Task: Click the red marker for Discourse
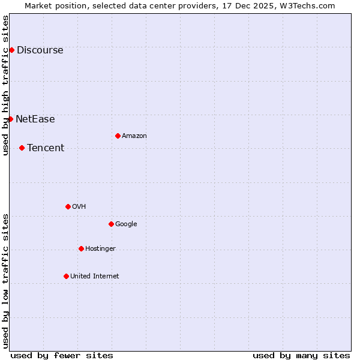click(11, 50)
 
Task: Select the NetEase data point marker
click(10, 119)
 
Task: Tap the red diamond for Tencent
click(22, 148)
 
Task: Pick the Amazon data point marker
click(118, 136)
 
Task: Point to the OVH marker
click(68, 206)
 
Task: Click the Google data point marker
click(111, 224)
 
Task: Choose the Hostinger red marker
click(81, 248)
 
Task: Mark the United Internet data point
click(66, 276)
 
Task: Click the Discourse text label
click(40, 50)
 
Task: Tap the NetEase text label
click(35, 119)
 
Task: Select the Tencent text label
click(46, 148)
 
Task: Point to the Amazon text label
click(134, 136)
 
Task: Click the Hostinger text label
click(100, 249)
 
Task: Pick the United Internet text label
click(95, 277)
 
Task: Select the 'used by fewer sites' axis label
click(62, 355)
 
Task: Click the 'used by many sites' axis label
click(301, 355)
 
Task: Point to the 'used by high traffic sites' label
click(6, 85)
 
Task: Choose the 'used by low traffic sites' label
click(6, 280)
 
